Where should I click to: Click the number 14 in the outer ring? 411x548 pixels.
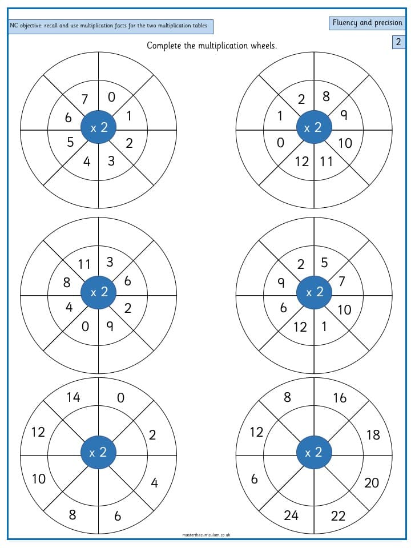(x=74, y=397)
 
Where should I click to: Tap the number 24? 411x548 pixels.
(x=291, y=515)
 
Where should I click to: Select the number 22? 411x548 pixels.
(x=338, y=516)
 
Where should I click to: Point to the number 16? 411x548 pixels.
(x=340, y=398)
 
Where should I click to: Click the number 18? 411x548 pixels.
(x=373, y=435)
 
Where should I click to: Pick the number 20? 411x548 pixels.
(x=372, y=483)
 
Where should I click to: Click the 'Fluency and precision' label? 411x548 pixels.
(x=367, y=23)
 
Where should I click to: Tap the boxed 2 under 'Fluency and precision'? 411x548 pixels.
(x=398, y=42)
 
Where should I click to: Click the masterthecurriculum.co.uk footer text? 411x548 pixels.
(x=206, y=535)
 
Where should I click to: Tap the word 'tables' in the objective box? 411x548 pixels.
(x=200, y=26)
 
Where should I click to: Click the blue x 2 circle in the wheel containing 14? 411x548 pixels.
(x=98, y=453)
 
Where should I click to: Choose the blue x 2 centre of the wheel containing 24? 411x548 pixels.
(x=314, y=453)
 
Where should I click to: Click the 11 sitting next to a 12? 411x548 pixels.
(x=327, y=162)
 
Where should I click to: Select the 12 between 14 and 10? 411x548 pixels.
(x=38, y=432)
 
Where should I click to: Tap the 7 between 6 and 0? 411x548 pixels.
(x=84, y=99)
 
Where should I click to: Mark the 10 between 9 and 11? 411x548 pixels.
(x=345, y=143)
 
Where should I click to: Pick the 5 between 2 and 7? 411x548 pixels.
(x=324, y=263)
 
